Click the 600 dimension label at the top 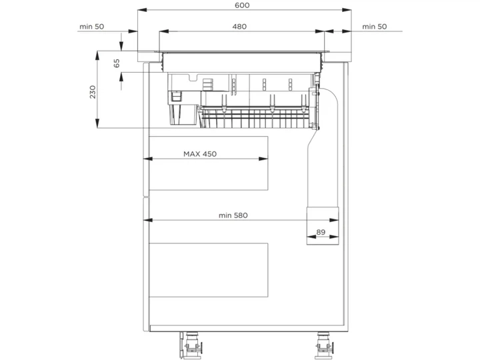242,5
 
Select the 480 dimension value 239,27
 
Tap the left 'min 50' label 92,27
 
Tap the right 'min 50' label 375,27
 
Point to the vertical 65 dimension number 117,63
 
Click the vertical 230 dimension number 93,92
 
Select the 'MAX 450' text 200,154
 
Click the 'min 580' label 233,215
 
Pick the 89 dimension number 321,232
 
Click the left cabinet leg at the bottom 191,345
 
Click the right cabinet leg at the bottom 323,345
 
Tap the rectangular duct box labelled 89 323,225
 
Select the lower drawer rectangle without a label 209,270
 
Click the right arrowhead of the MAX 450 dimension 263,159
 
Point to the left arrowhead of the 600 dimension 143,10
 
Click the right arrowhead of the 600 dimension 347,10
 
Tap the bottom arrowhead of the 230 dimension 97,123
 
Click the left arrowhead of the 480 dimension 164,31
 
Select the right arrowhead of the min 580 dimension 334,220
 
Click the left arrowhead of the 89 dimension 311,237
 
